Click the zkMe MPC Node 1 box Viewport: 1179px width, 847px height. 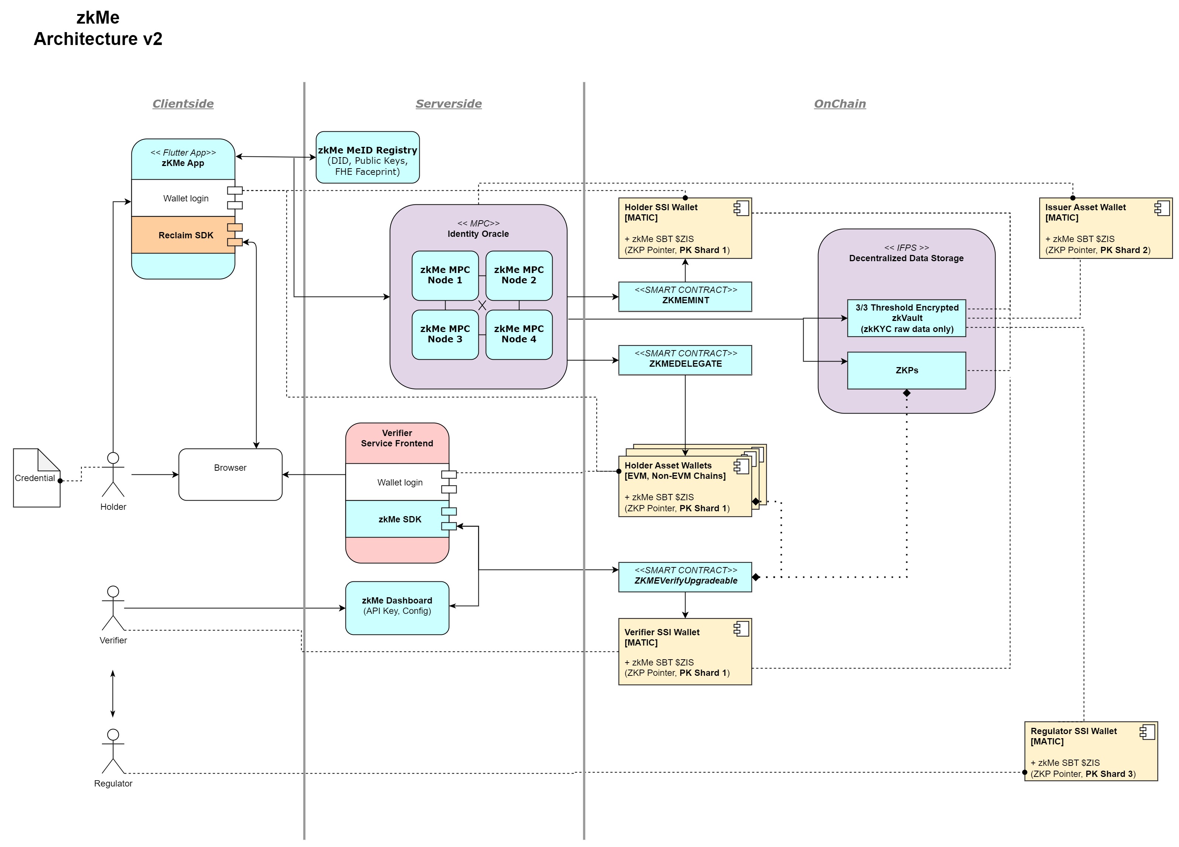pyautogui.click(x=444, y=276)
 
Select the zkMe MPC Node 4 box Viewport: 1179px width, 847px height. pyautogui.click(x=518, y=334)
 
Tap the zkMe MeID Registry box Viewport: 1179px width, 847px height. pyautogui.click(x=368, y=158)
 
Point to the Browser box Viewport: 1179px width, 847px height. pyautogui.click(x=230, y=474)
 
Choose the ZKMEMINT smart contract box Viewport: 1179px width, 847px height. pyautogui.click(x=685, y=296)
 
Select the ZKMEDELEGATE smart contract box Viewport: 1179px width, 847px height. pyautogui.click(x=685, y=360)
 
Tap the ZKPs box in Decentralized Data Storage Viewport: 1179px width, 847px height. pyautogui.click(x=906, y=370)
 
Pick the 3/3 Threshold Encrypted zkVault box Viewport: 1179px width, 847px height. pyautogui.click(x=906, y=318)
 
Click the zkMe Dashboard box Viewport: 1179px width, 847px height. pyautogui.click(x=397, y=608)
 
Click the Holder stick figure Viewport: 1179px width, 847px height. pyautogui.click(x=113, y=474)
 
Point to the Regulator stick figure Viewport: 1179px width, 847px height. pyautogui.click(x=113, y=751)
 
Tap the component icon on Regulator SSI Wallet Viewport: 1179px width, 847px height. pyautogui.click(x=1147, y=732)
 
